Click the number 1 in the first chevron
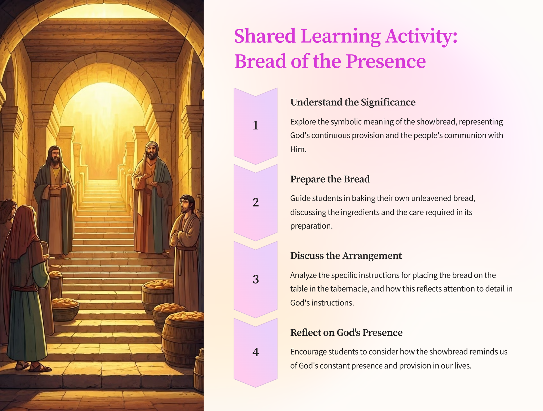(256, 125)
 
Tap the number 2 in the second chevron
(256, 202)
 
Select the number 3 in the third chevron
(256, 279)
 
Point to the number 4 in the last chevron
(256, 352)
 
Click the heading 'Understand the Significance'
(353, 102)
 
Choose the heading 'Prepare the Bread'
(330, 179)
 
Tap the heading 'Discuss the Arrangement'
(346, 256)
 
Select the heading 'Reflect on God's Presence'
(346, 333)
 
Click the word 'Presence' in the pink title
(386, 61)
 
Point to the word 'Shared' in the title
(265, 36)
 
